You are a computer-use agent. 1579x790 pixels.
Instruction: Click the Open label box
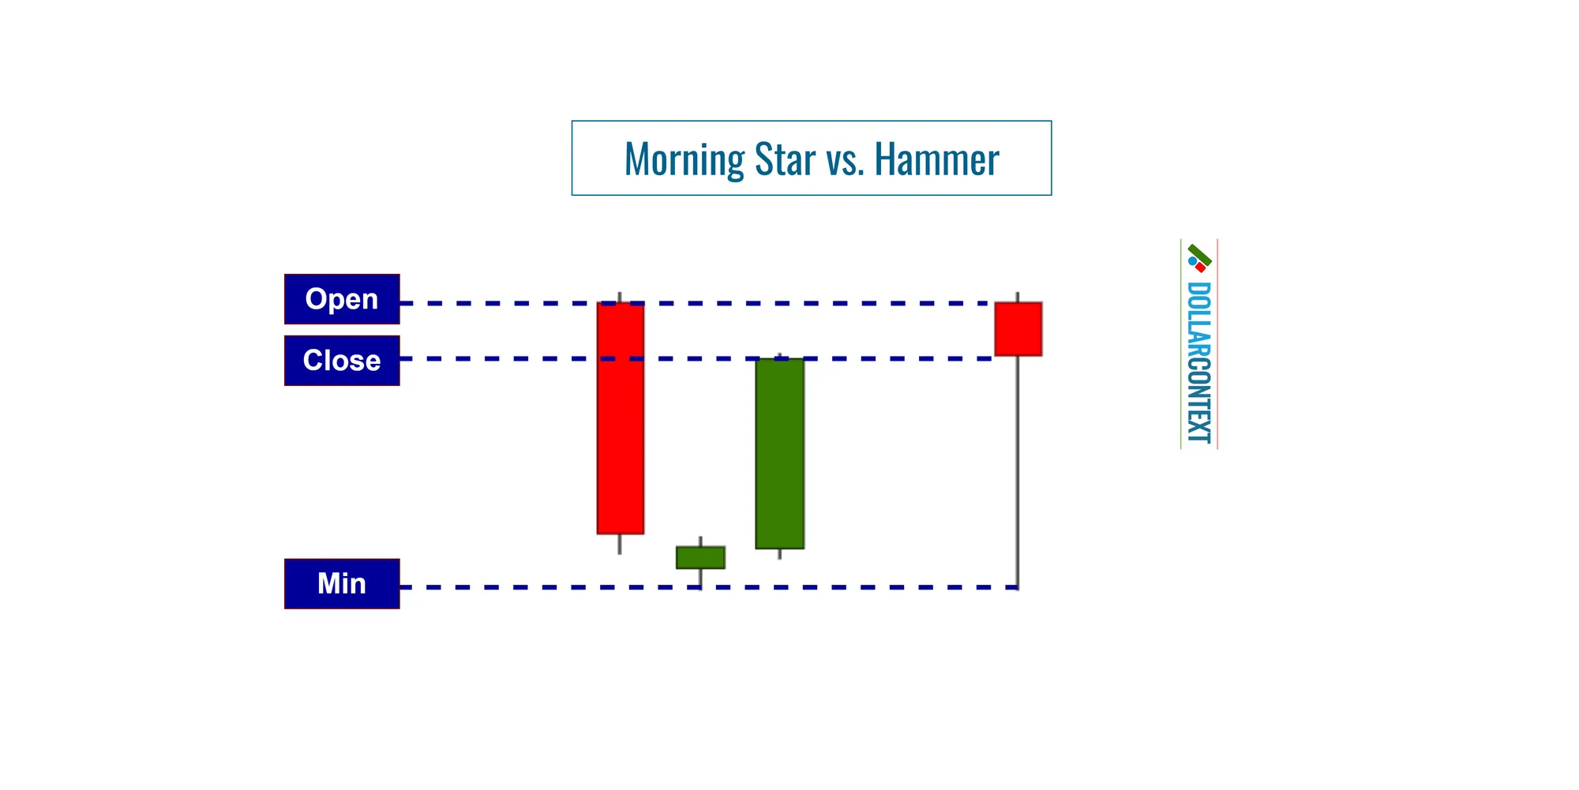pos(342,299)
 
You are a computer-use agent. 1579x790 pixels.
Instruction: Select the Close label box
pos(342,361)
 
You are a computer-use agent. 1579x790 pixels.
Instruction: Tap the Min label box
pos(342,584)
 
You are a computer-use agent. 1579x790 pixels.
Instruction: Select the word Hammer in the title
pos(936,159)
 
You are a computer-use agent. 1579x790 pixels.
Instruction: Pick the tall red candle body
pos(621,418)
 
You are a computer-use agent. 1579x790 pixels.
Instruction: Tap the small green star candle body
pos(700,557)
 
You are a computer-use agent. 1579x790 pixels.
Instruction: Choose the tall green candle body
pos(780,454)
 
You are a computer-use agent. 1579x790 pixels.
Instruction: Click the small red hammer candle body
pos(1018,329)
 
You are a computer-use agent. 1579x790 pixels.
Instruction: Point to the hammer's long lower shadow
pos(1018,474)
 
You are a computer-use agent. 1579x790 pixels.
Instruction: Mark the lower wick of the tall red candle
pos(620,545)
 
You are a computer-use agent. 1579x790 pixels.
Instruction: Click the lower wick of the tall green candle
pos(780,554)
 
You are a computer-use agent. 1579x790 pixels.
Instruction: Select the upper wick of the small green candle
pos(700,541)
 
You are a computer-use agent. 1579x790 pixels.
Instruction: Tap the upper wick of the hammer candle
pos(1018,297)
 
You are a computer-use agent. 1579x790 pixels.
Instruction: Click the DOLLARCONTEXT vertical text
pos(1198,362)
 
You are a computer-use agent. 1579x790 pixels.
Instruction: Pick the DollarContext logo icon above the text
pos(1199,258)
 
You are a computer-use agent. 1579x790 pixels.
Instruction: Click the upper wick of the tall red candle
pos(620,297)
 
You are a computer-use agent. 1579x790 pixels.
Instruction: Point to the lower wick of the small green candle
pos(700,578)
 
